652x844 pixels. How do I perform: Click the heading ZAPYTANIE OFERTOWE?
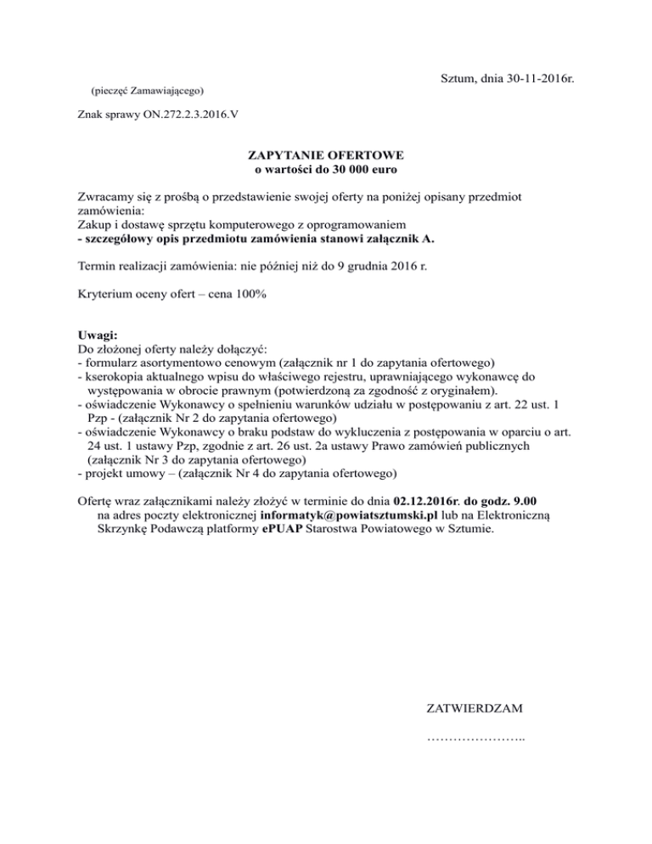tap(325, 156)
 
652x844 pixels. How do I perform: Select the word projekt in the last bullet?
tap(103, 472)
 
